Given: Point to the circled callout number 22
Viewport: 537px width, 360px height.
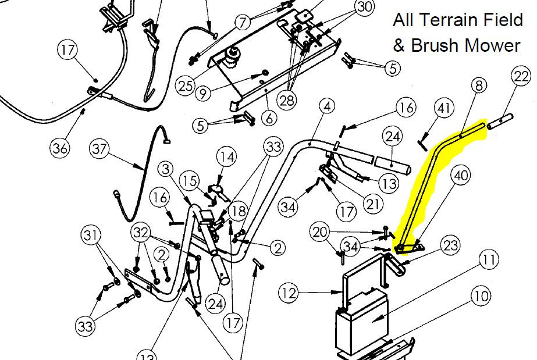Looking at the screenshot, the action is click(x=521, y=76).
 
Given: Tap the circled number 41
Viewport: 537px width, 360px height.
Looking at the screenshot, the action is click(x=444, y=108).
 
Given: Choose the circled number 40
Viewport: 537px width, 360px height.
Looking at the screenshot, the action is click(x=461, y=175).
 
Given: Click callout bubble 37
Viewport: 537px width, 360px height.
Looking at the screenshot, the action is click(x=99, y=149).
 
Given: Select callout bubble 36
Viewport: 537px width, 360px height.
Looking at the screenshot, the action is click(x=60, y=148).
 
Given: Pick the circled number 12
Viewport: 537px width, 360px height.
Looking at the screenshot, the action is click(x=289, y=293).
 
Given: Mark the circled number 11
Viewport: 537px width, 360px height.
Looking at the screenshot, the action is click(x=488, y=260).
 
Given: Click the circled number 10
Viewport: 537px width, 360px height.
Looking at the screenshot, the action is click(x=481, y=296).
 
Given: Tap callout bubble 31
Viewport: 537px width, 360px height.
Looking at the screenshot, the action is click(x=91, y=236).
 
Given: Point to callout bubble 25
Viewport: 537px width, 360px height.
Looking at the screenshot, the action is click(x=185, y=85).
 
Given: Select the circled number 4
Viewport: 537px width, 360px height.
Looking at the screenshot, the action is click(x=328, y=106).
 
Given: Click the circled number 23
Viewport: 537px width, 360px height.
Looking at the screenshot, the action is click(x=450, y=245).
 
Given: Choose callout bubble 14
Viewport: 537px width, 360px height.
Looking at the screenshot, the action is click(x=227, y=157).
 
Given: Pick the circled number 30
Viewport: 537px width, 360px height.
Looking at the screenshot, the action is click(x=364, y=7).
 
